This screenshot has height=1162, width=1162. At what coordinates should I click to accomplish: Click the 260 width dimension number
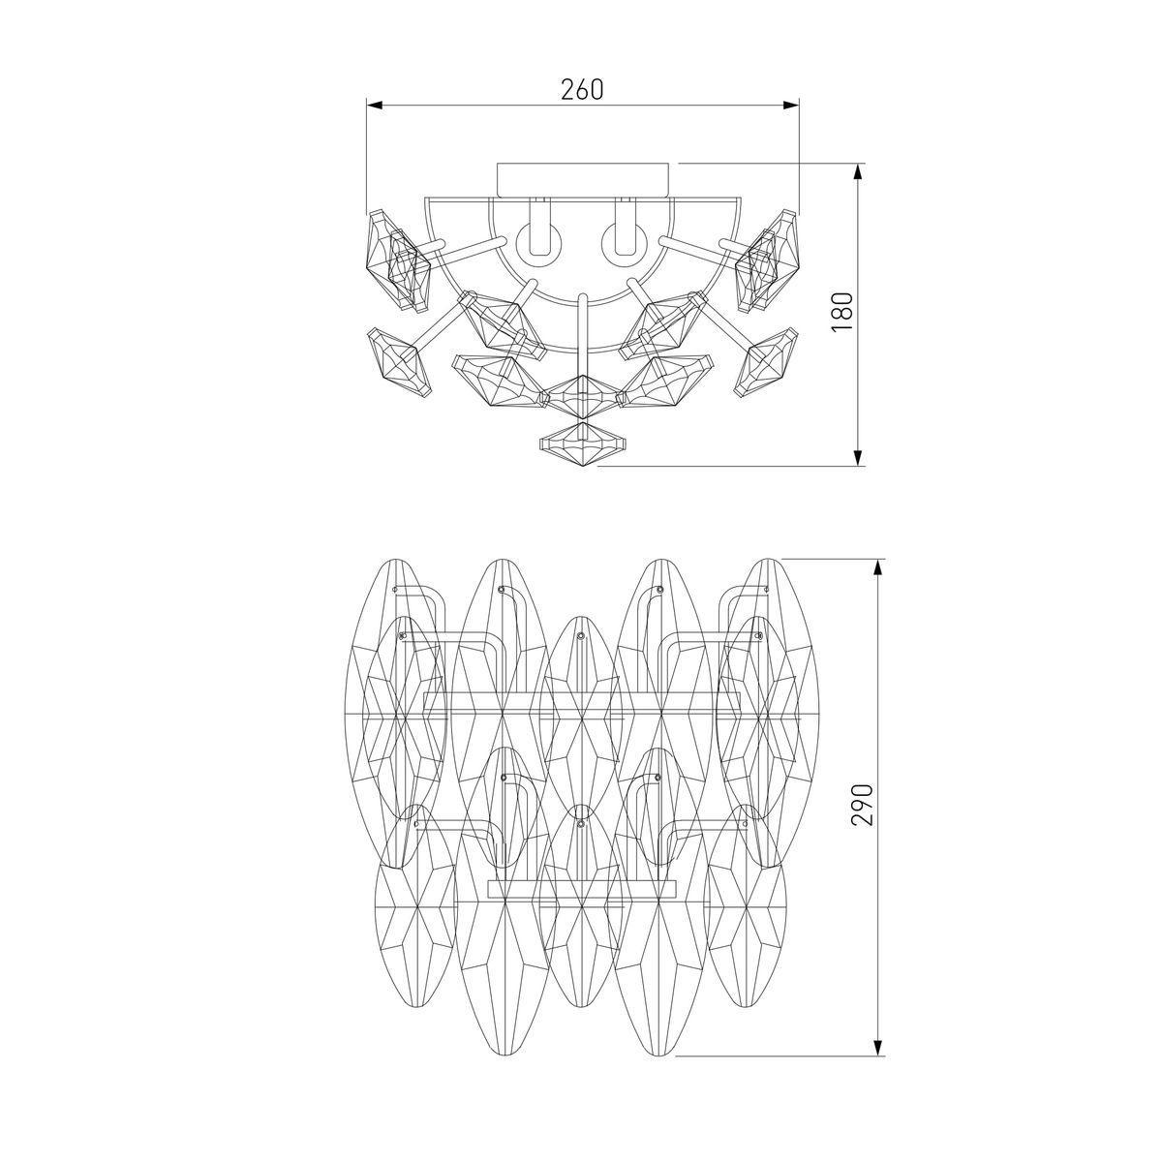pyautogui.click(x=581, y=89)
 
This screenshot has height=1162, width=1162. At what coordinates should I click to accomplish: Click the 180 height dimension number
pyautogui.click(x=841, y=311)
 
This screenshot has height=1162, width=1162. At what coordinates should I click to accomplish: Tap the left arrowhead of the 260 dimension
pyautogui.click(x=375, y=106)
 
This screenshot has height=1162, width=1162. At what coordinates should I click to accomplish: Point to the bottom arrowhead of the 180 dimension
pyautogui.click(x=858, y=458)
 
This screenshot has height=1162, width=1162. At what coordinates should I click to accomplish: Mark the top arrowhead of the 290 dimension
pyautogui.click(x=879, y=567)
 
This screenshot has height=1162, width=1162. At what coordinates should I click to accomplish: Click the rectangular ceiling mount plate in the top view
pyautogui.click(x=582, y=180)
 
